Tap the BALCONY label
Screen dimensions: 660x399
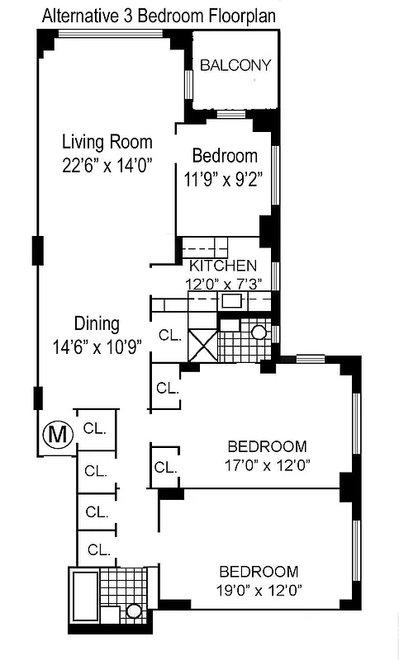pos(235,66)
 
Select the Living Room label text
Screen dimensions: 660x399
pos(107,141)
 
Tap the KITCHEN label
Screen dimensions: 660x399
pos(223,266)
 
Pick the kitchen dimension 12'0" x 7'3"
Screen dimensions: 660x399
pos(223,283)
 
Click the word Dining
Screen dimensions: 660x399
pos(97,324)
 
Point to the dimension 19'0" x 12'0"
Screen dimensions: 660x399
pos(258,590)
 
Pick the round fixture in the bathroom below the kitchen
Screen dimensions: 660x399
pos(258,332)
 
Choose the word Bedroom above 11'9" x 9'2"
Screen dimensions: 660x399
pos(225,156)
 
